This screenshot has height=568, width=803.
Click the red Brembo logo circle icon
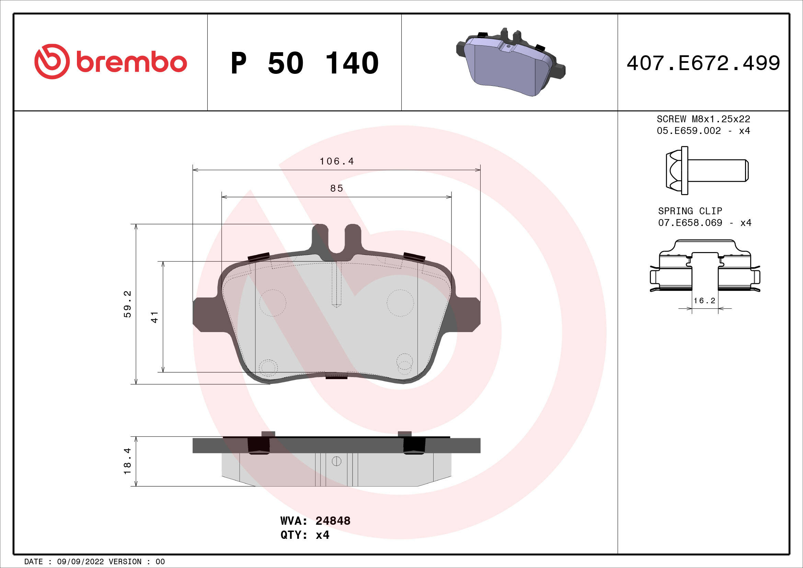pyautogui.click(x=52, y=61)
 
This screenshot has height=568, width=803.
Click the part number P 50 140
pyautogui.click(x=304, y=63)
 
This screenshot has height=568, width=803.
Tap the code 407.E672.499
pyautogui.click(x=703, y=63)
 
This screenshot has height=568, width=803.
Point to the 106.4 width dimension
pyautogui.click(x=336, y=161)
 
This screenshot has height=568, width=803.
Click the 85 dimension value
pyautogui.click(x=336, y=189)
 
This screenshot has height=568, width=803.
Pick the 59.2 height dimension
pyautogui.click(x=128, y=304)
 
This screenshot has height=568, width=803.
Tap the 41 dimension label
pyautogui.click(x=154, y=317)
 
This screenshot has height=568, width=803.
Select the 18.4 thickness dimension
pyautogui.click(x=128, y=461)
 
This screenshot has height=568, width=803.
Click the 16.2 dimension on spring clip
pyautogui.click(x=704, y=301)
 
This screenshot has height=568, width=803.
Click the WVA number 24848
pyautogui.click(x=333, y=521)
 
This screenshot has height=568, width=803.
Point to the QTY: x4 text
pyautogui.click(x=305, y=535)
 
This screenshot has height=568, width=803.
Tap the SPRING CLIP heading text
pyautogui.click(x=690, y=211)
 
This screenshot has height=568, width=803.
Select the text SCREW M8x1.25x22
pyautogui.click(x=703, y=119)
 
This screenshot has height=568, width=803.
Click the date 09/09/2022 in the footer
pyautogui.click(x=80, y=562)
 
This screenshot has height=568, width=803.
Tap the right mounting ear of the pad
pyautogui.click(x=468, y=314)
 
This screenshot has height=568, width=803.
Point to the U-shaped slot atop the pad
pyautogui.click(x=336, y=241)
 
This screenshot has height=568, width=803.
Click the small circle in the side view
pyautogui.click(x=336, y=462)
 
